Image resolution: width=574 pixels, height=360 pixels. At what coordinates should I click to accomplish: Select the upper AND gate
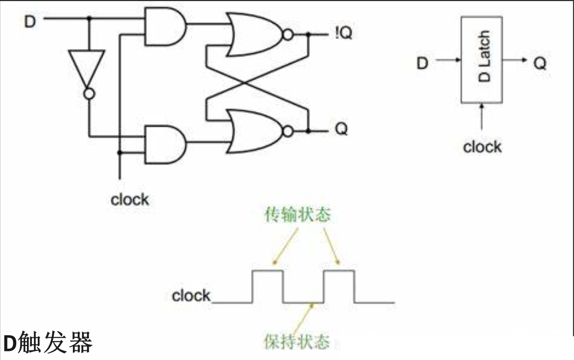click(164, 26)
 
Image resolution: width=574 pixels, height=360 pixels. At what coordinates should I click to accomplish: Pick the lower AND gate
click(164, 144)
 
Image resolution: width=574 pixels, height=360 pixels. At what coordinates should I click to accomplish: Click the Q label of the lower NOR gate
click(341, 130)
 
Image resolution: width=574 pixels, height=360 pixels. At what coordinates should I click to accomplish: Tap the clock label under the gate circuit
click(130, 200)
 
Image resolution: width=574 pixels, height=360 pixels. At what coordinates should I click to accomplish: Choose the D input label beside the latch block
click(422, 63)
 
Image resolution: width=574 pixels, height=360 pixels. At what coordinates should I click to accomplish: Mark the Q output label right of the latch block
click(539, 63)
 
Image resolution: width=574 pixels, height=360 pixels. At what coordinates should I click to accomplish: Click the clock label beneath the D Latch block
click(482, 146)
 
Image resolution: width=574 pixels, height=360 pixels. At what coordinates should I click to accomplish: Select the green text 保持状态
click(296, 341)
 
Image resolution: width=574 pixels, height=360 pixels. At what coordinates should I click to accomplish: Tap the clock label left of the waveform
click(191, 296)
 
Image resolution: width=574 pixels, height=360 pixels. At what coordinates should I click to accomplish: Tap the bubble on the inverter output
click(89, 94)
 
